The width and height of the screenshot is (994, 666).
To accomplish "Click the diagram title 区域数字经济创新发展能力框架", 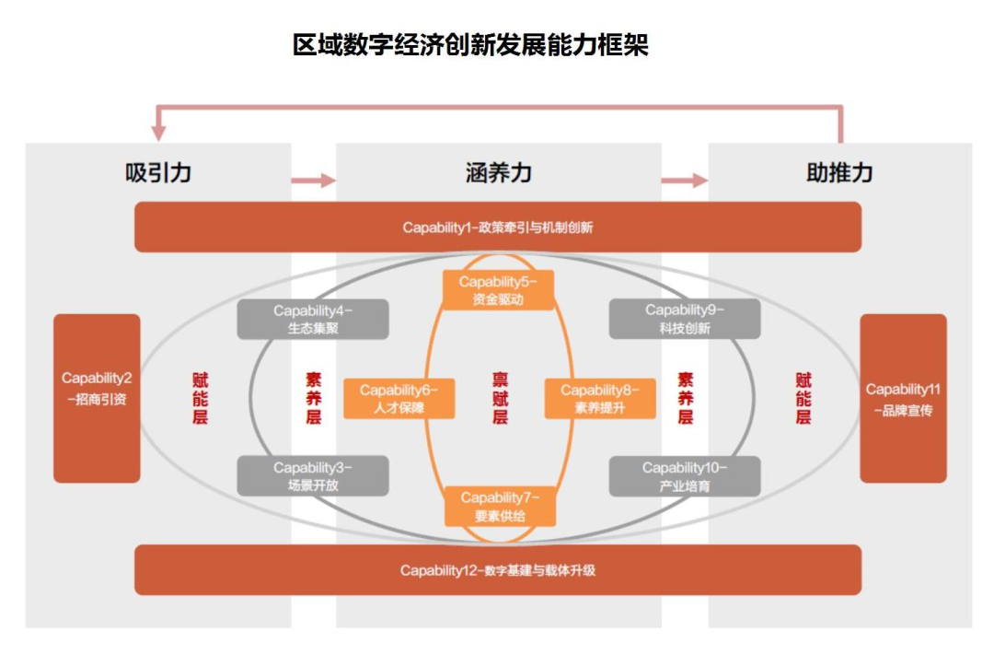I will click(x=470, y=44).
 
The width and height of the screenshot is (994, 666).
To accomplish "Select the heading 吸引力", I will click(x=158, y=172).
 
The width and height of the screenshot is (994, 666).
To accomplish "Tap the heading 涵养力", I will click(x=498, y=172).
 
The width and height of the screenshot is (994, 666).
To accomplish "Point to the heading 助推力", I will click(x=839, y=172).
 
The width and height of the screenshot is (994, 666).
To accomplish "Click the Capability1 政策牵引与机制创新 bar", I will click(x=498, y=228).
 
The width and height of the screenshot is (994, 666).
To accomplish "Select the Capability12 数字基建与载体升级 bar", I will click(x=498, y=570).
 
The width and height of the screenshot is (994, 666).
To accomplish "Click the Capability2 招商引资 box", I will click(x=97, y=399).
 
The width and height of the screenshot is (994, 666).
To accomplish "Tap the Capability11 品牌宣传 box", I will click(x=903, y=399).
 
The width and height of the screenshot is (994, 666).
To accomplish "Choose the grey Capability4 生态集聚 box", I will click(x=313, y=319).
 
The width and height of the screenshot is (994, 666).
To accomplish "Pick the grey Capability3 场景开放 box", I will click(x=313, y=476).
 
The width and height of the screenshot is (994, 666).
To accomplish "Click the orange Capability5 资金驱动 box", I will click(x=498, y=290).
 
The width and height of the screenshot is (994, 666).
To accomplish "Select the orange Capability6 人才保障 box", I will click(x=399, y=399).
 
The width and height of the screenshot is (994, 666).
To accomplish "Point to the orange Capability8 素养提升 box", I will click(x=600, y=399).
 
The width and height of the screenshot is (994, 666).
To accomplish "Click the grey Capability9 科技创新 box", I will click(x=685, y=319).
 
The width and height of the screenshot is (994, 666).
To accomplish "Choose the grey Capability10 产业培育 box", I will click(x=685, y=476).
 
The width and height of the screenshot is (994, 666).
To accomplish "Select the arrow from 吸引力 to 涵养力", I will click(x=314, y=181).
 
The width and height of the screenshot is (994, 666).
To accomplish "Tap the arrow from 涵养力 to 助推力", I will click(x=685, y=181).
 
